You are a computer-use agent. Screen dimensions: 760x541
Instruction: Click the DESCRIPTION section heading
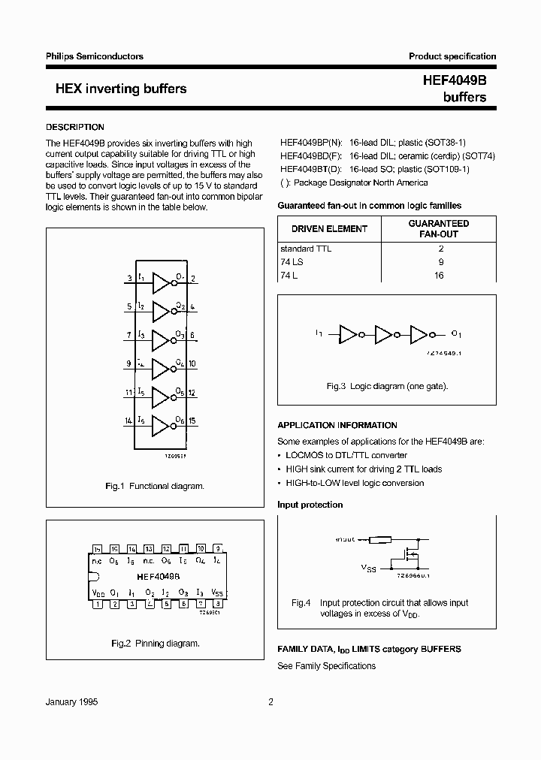point(75,127)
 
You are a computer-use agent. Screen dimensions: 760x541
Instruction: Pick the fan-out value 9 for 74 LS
point(440,262)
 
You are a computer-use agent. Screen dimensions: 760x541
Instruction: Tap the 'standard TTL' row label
point(305,249)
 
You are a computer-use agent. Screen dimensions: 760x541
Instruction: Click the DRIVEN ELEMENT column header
point(329,228)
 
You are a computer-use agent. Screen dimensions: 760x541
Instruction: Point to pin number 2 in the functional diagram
point(194,279)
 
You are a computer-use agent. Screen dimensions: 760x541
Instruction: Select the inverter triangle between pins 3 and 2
point(161,282)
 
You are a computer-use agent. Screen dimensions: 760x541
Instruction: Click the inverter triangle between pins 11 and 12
point(161,397)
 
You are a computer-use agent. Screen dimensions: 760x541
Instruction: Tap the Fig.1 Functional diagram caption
point(154,487)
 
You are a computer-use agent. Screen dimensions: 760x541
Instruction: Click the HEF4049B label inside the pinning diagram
point(158,577)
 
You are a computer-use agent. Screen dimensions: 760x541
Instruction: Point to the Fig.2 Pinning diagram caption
point(155,644)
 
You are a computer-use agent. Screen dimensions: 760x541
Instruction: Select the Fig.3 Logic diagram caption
point(386,386)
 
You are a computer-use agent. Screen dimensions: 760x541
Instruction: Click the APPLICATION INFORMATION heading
point(337,425)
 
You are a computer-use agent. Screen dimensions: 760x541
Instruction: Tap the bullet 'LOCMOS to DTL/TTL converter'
point(346,455)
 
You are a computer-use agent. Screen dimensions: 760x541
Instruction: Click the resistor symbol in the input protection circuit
point(380,538)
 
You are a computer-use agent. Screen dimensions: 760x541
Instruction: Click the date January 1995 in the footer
point(72,702)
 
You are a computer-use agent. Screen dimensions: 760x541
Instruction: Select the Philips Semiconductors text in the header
point(95,56)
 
